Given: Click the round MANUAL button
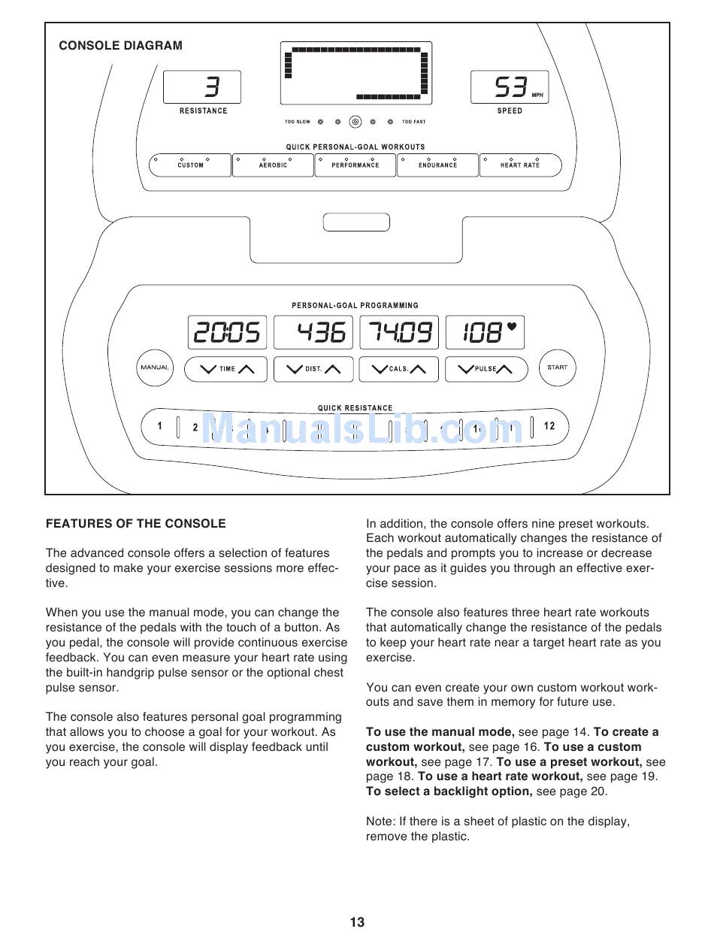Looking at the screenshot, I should pyautogui.click(x=154, y=368).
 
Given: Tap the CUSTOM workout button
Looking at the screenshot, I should pyautogui.click(x=190, y=165).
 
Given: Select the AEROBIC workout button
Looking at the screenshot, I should pyautogui.click(x=273, y=165).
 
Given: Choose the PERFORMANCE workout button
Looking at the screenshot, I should pyautogui.click(x=355, y=165).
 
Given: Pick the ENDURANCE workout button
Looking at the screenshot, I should pyautogui.click(x=437, y=165).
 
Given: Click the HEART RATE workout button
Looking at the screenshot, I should pyautogui.click(x=520, y=165).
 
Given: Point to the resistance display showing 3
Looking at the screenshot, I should pyautogui.click(x=202, y=87).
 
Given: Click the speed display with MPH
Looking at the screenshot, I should pyautogui.click(x=510, y=87).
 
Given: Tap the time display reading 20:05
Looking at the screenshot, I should pyautogui.click(x=227, y=332).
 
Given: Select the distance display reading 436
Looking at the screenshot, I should pyautogui.click(x=313, y=332).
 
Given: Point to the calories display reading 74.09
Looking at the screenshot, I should pyautogui.click(x=398, y=332).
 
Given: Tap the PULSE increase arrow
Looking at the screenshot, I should pyautogui.click(x=504, y=368).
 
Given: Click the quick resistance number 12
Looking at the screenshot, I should pyautogui.click(x=549, y=426).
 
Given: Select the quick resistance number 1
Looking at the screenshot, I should pyautogui.click(x=159, y=426).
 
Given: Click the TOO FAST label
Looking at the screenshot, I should pyautogui.click(x=413, y=122).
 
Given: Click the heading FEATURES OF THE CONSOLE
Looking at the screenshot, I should pyautogui.click(x=135, y=523).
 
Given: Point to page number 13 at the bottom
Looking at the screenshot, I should pyautogui.click(x=357, y=922).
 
